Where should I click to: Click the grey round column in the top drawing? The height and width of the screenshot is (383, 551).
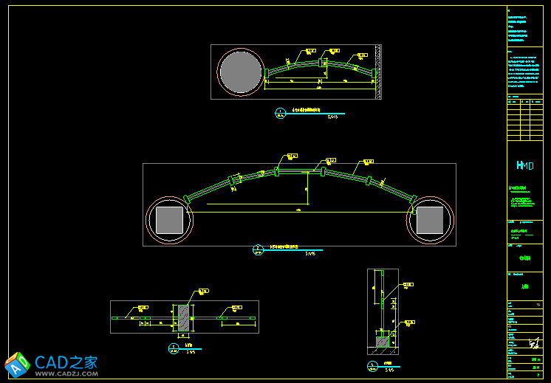pyautogui.click(x=240, y=72)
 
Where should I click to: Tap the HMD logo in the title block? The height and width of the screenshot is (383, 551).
pyautogui.click(x=523, y=166)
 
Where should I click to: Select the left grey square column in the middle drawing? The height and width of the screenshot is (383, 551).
pyautogui.click(x=169, y=220)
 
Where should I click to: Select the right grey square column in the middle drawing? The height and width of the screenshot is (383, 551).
pyautogui.click(x=430, y=220)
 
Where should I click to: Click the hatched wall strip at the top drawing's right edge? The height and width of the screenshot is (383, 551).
pyautogui.click(x=378, y=72)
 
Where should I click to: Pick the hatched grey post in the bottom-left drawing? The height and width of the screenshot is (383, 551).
pyautogui.click(x=183, y=317)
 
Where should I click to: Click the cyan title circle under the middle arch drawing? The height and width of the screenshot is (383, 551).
pyautogui.click(x=258, y=249)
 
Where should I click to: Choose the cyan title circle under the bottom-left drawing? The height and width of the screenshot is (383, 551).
pyautogui.click(x=174, y=348)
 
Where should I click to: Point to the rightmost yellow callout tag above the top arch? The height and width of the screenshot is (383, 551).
pyautogui.click(x=362, y=55)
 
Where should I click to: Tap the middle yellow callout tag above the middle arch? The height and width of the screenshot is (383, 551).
pyautogui.click(x=330, y=160)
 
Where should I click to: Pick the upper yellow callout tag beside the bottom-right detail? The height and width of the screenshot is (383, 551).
pyautogui.click(x=408, y=284)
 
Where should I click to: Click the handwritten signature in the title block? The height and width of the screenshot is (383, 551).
pyautogui.click(x=533, y=344)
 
